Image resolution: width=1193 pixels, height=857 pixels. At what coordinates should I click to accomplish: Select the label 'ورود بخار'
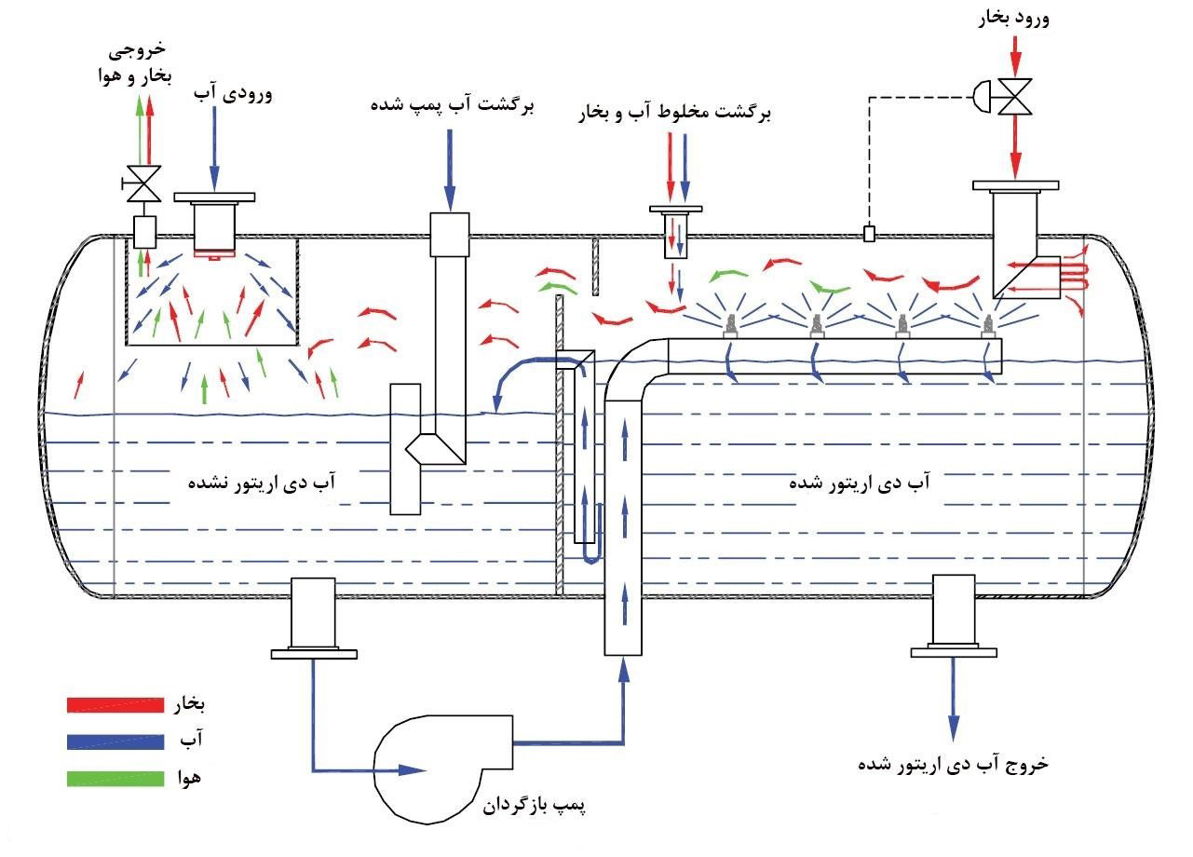1016,19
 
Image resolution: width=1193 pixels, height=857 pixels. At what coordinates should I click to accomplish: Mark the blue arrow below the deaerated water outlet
954,699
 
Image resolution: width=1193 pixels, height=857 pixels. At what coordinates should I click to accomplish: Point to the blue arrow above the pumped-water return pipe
451,168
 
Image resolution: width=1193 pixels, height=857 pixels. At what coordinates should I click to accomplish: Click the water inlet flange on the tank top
214,197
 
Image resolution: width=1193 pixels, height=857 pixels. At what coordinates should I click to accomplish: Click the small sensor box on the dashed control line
869,233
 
